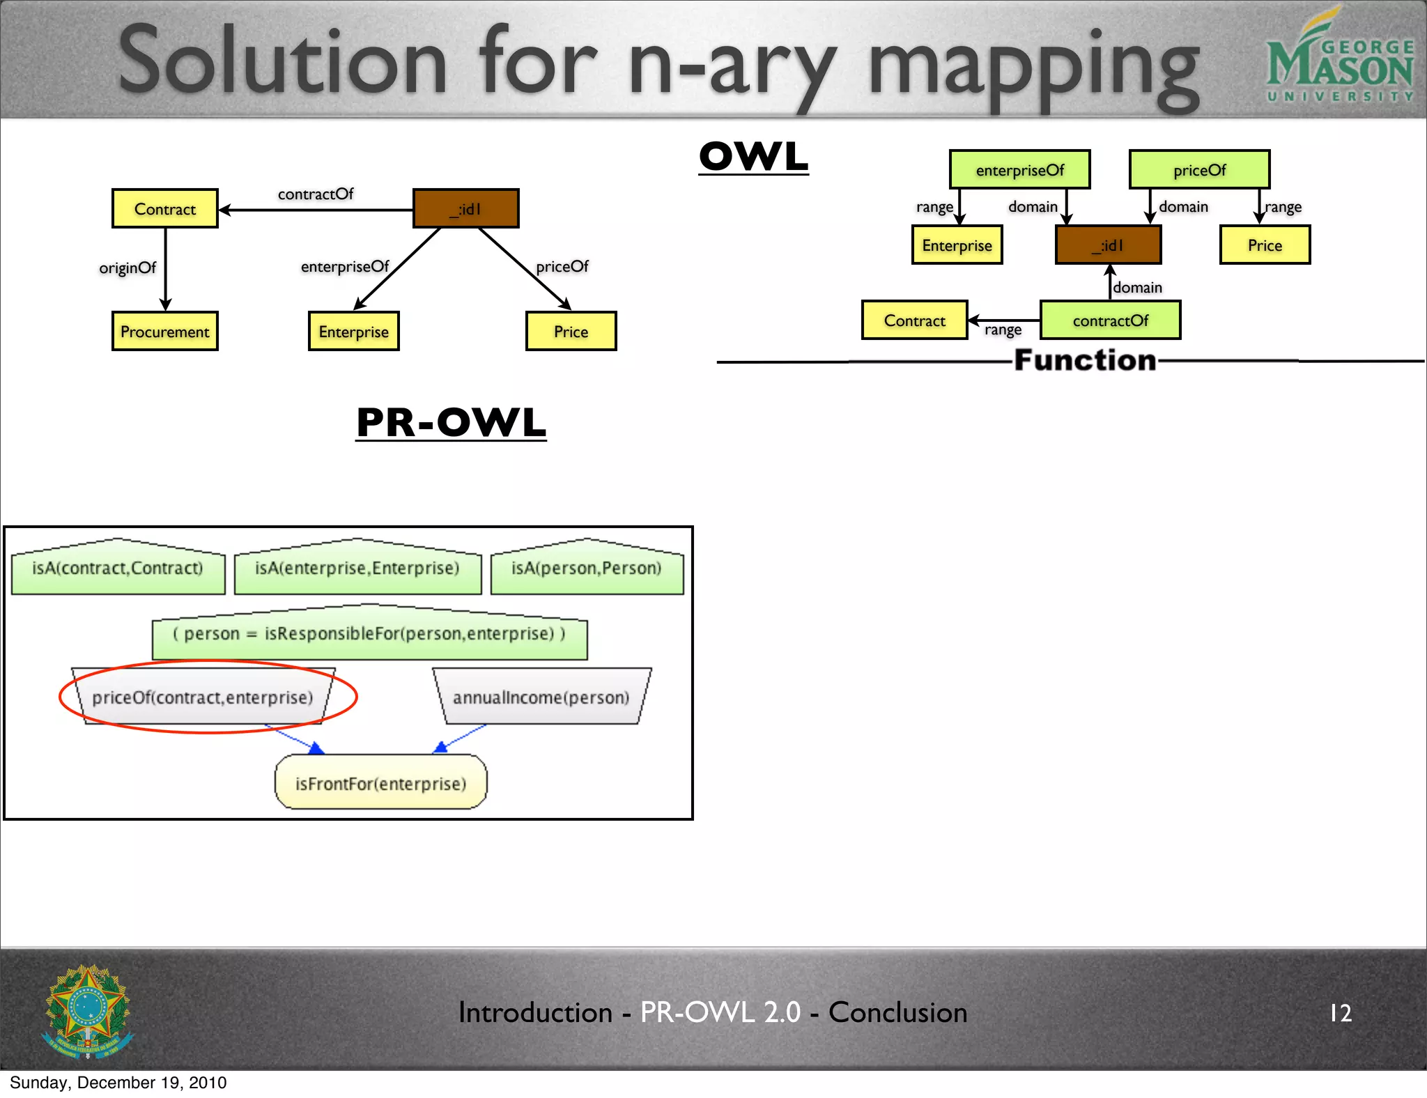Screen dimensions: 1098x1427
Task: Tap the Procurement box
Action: point(165,332)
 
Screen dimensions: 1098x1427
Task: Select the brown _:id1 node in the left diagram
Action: point(466,208)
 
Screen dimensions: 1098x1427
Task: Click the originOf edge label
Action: point(128,268)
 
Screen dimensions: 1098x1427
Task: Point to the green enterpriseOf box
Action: point(1019,170)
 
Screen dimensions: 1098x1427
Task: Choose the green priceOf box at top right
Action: point(1199,170)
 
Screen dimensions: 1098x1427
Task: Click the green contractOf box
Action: point(1110,320)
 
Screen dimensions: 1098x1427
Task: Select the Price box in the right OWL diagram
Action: point(1265,245)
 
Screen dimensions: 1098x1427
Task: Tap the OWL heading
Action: point(754,157)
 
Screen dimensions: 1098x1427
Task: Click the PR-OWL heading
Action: point(451,423)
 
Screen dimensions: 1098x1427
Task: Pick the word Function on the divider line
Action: point(1085,360)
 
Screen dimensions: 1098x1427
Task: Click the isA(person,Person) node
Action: point(587,569)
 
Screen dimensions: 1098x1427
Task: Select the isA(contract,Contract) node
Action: point(118,569)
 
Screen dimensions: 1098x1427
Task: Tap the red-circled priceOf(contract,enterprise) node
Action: point(203,697)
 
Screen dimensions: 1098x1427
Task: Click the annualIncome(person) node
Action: point(541,697)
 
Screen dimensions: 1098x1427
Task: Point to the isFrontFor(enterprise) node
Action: point(380,784)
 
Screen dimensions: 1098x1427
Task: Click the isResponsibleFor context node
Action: point(369,634)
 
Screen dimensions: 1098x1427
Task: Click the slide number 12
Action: point(1341,1012)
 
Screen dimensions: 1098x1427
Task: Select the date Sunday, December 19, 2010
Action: point(118,1083)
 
